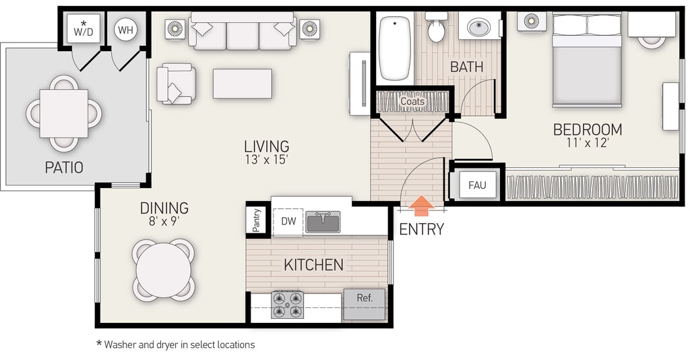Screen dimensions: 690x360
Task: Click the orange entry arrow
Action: (x=422, y=206)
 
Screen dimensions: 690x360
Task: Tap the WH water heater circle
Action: (x=126, y=30)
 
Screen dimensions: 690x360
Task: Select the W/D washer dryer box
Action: (x=84, y=28)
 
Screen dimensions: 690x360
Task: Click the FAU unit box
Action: (x=477, y=185)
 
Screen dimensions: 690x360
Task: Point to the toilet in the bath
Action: (x=436, y=27)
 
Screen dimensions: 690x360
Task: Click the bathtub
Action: (x=395, y=48)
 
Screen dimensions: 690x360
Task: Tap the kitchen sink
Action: (x=323, y=222)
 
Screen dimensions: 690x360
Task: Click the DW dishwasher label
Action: (x=288, y=221)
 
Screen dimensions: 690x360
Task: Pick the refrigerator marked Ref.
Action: (x=365, y=304)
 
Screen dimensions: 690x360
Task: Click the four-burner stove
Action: (x=287, y=305)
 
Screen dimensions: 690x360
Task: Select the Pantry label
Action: (x=257, y=220)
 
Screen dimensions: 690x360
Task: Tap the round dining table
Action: (x=163, y=270)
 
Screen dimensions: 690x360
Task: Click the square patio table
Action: (x=64, y=113)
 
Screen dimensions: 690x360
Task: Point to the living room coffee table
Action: (x=243, y=84)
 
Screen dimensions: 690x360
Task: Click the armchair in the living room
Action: (x=176, y=84)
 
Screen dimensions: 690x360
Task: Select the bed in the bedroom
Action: (x=587, y=60)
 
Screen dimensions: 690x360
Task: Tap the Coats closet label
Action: (x=412, y=101)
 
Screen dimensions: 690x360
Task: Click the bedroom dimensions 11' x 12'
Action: (x=588, y=143)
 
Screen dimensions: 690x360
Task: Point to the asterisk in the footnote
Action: (x=99, y=343)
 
